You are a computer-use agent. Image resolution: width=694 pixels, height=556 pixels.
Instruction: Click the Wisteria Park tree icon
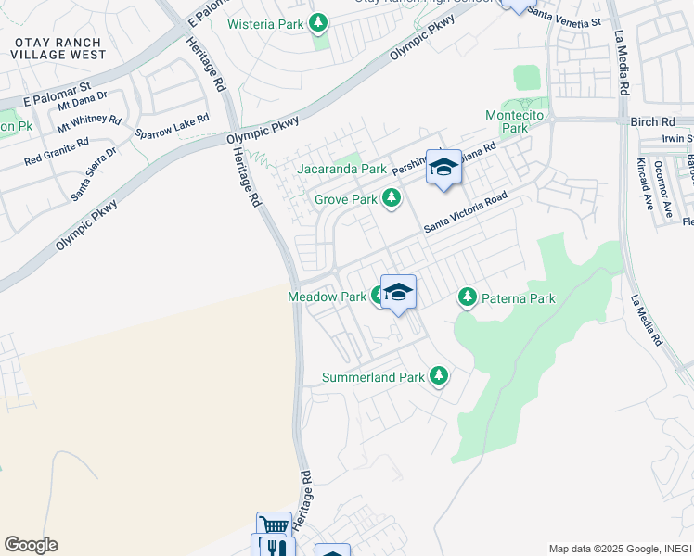[x=318, y=22]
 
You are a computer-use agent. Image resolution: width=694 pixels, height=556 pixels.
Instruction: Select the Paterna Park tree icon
[x=468, y=298]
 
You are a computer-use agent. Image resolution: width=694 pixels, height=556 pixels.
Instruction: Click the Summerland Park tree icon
[x=438, y=377]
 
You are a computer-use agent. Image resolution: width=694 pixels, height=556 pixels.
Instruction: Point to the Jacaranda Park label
[x=341, y=170]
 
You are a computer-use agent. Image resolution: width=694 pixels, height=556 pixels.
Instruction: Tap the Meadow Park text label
[x=327, y=297]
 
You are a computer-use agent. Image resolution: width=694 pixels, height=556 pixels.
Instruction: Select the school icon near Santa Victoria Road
[x=443, y=168]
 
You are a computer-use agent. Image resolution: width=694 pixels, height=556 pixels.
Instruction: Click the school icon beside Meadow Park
[x=398, y=292]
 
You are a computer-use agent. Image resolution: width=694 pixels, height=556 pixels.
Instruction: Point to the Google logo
[x=31, y=545]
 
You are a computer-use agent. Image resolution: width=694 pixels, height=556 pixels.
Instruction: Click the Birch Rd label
[x=656, y=122]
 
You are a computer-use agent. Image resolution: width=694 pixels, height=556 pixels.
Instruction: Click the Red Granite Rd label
[x=57, y=150]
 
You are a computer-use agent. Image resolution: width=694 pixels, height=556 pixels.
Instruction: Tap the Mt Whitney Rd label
[x=89, y=121]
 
